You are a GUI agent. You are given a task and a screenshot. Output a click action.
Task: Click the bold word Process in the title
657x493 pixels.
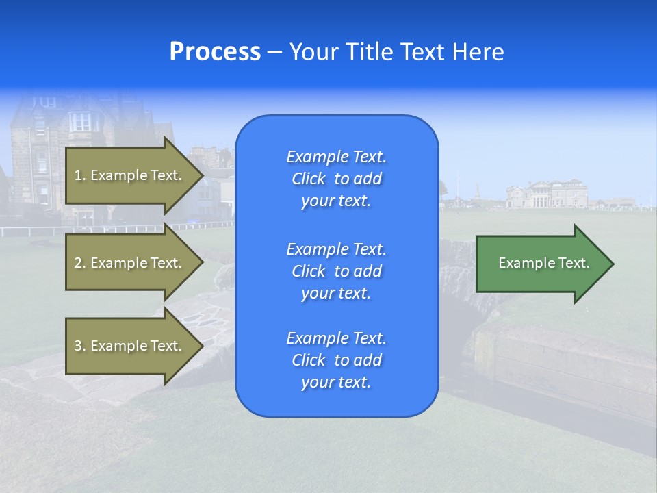[x=215, y=52]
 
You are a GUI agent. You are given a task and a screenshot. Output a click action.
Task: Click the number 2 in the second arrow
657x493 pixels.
[x=78, y=263]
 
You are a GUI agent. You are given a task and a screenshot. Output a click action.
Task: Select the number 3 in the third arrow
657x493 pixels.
[x=78, y=346]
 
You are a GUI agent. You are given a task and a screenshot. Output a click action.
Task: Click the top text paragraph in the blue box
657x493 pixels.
[x=336, y=179]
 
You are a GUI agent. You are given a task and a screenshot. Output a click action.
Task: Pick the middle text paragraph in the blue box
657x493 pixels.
[x=336, y=271]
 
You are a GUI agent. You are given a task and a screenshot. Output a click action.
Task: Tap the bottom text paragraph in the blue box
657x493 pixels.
[x=336, y=360]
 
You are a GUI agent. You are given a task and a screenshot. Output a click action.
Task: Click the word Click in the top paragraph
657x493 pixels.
[x=309, y=179]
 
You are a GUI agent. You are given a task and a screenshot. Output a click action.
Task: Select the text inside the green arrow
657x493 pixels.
[x=543, y=263]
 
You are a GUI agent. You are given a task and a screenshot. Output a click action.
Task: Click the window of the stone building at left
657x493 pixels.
[x=81, y=121]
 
